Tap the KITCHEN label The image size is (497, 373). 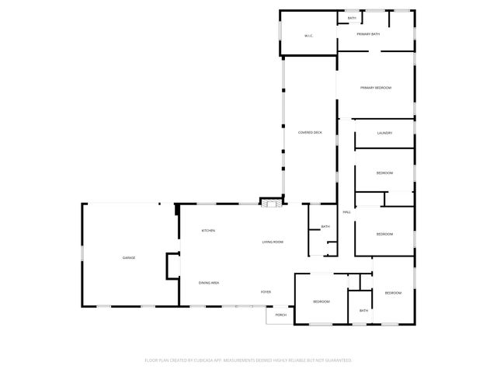[208, 231]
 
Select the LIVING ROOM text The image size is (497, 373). [273, 242]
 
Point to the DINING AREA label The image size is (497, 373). [208, 283]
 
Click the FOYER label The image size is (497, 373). [266, 292]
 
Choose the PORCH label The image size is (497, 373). [281, 315]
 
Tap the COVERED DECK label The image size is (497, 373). [310, 133]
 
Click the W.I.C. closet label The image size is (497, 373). [308, 37]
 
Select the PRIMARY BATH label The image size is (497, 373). [368, 34]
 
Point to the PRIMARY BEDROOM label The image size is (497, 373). [375, 88]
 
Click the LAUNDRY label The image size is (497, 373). [384, 133]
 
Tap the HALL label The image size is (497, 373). [346, 211]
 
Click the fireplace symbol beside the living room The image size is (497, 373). [269, 203]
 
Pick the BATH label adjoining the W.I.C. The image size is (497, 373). [352, 18]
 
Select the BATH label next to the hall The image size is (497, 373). [325, 227]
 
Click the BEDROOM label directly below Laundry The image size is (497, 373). [384, 173]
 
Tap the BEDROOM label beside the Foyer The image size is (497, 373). [321, 301]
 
